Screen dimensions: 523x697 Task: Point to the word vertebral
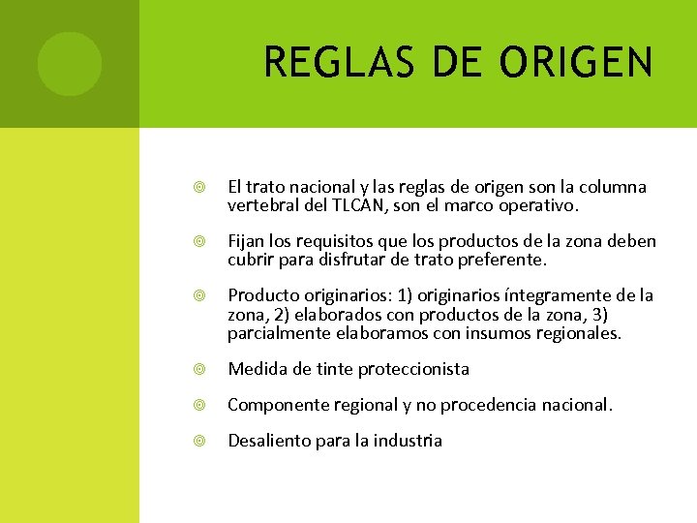click(x=263, y=205)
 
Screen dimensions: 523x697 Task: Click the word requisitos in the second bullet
click(x=353, y=240)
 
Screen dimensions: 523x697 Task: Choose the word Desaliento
click(x=269, y=441)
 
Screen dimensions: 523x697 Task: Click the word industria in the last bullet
click(x=405, y=441)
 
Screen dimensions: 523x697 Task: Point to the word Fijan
click(x=246, y=240)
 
